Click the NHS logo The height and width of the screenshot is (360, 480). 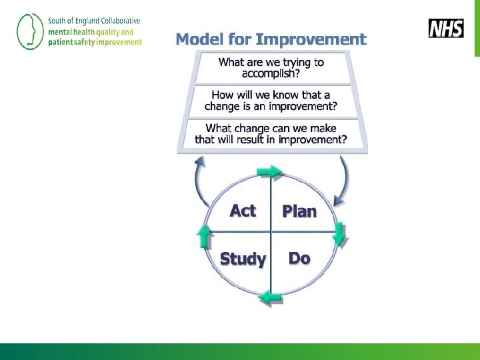click(446, 29)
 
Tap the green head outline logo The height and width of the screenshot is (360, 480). click(28, 31)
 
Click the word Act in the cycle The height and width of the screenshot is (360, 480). click(243, 211)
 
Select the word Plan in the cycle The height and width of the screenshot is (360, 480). click(299, 211)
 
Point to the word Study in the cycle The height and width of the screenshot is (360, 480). click(243, 259)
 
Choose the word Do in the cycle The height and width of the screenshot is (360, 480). click(299, 258)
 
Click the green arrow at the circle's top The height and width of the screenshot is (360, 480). click(269, 173)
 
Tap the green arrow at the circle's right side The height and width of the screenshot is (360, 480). click(339, 233)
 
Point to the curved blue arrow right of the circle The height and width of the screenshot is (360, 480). click(343, 180)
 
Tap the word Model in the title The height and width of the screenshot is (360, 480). click(199, 39)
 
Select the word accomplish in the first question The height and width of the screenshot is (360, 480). click(271, 73)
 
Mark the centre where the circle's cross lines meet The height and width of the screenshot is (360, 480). click(271, 232)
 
